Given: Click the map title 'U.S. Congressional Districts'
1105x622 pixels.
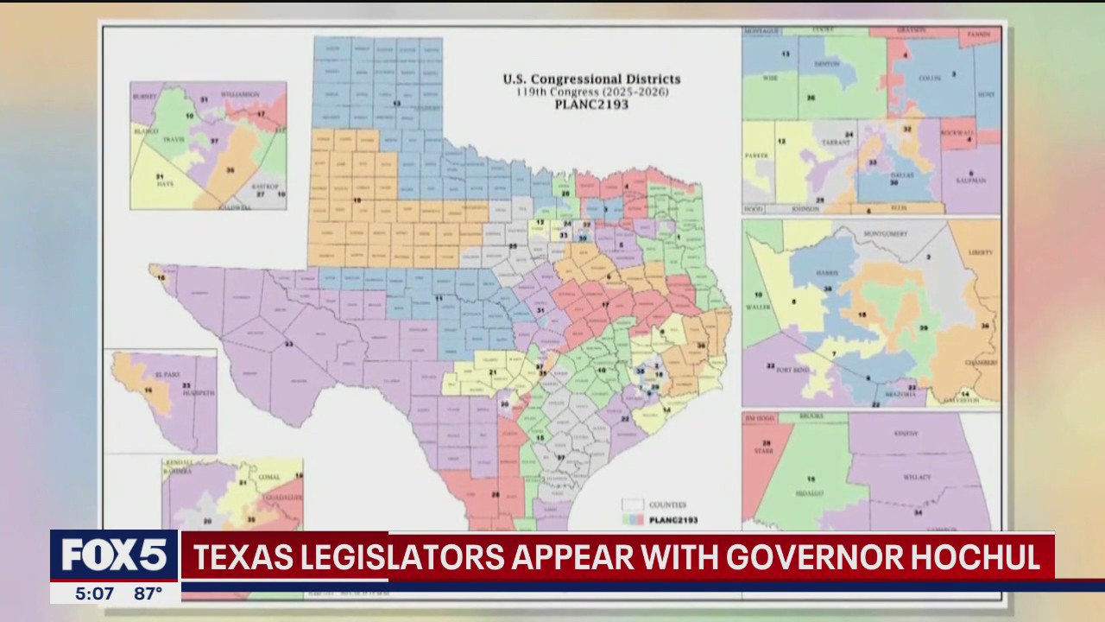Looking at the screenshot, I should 591,79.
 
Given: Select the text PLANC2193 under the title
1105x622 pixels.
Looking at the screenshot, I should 591,105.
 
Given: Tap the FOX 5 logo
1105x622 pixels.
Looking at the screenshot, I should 114,555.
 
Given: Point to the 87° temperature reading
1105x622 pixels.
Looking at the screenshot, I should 148,593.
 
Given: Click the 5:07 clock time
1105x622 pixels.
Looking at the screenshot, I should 94,593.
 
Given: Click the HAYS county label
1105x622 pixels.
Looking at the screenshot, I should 160,183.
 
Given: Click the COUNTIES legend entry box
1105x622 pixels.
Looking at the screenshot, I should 633,505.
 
